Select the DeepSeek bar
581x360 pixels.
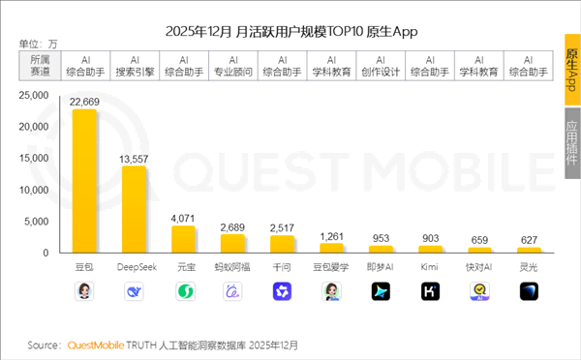click(x=134, y=208)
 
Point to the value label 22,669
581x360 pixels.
click(x=84, y=102)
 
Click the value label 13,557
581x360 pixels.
click(x=134, y=159)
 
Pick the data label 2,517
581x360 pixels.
click(x=282, y=228)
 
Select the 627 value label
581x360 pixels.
click(x=529, y=240)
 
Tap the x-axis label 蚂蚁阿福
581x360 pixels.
click(x=232, y=264)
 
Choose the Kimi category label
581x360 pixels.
click(x=430, y=264)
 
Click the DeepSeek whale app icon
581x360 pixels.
click(x=134, y=290)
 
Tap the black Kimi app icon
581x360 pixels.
click(x=430, y=290)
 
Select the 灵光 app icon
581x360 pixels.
click(x=529, y=290)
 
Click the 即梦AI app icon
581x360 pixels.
click(x=381, y=290)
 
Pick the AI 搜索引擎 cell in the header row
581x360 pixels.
click(x=134, y=65)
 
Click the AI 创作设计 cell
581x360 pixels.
click(x=381, y=65)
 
